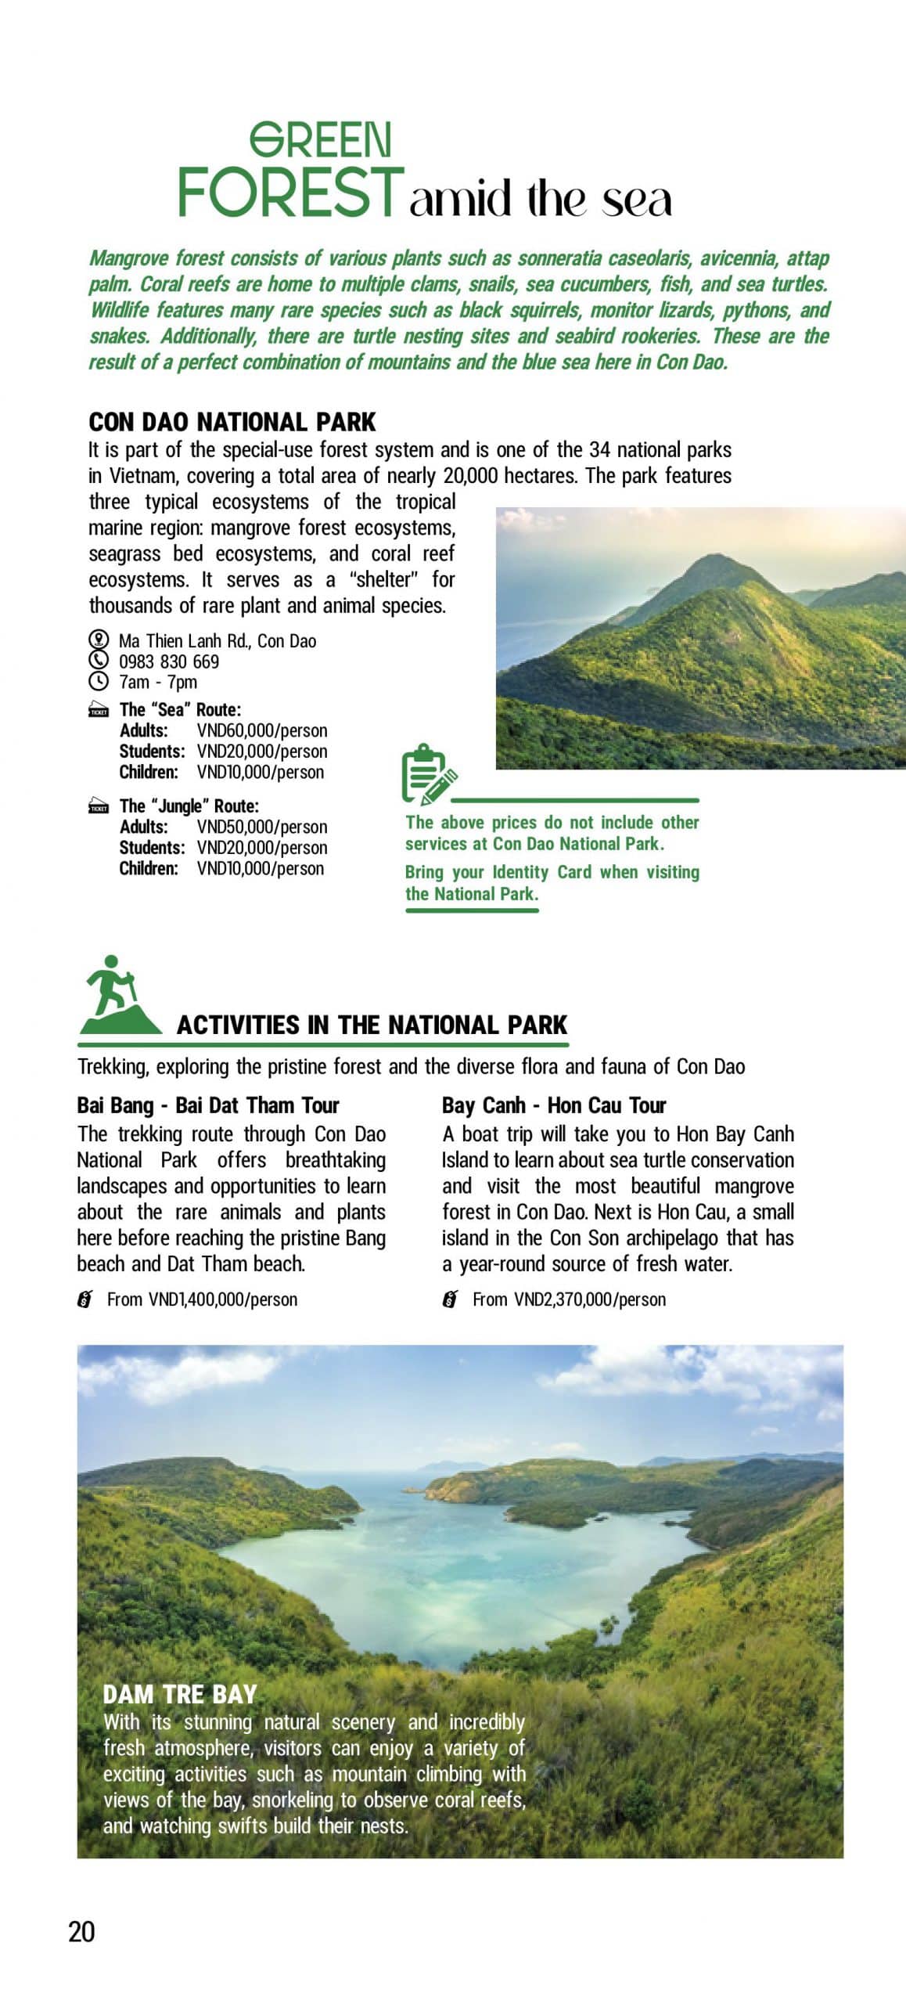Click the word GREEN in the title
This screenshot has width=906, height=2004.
click(x=320, y=141)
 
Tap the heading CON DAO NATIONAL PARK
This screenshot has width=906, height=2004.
click(x=232, y=423)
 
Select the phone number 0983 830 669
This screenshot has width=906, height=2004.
click(x=169, y=661)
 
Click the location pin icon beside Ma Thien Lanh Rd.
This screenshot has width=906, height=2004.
click(x=98, y=640)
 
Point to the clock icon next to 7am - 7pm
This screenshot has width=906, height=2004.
click(x=98, y=682)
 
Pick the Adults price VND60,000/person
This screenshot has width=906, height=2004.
click(x=262, y=730)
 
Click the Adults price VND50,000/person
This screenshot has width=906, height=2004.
click(x=262, y=827)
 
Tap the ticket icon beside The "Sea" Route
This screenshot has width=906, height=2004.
click(x=99, y=711)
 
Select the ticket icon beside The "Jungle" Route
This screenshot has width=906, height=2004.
click(x=99, y=807)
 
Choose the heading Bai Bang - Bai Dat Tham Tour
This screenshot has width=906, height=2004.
click(x=208, y=1105)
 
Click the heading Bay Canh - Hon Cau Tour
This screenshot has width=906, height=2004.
click(x=553, y=1105)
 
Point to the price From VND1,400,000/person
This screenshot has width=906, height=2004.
click(x=202, y=1299)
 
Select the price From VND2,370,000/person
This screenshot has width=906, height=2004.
click(x=569, y=1299)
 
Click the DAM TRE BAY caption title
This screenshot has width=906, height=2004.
click(x=180, y=1695)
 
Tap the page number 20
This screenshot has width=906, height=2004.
click(x=81, y=1931)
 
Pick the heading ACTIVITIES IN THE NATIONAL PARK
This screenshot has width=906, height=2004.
click(x=372, y=1025)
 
